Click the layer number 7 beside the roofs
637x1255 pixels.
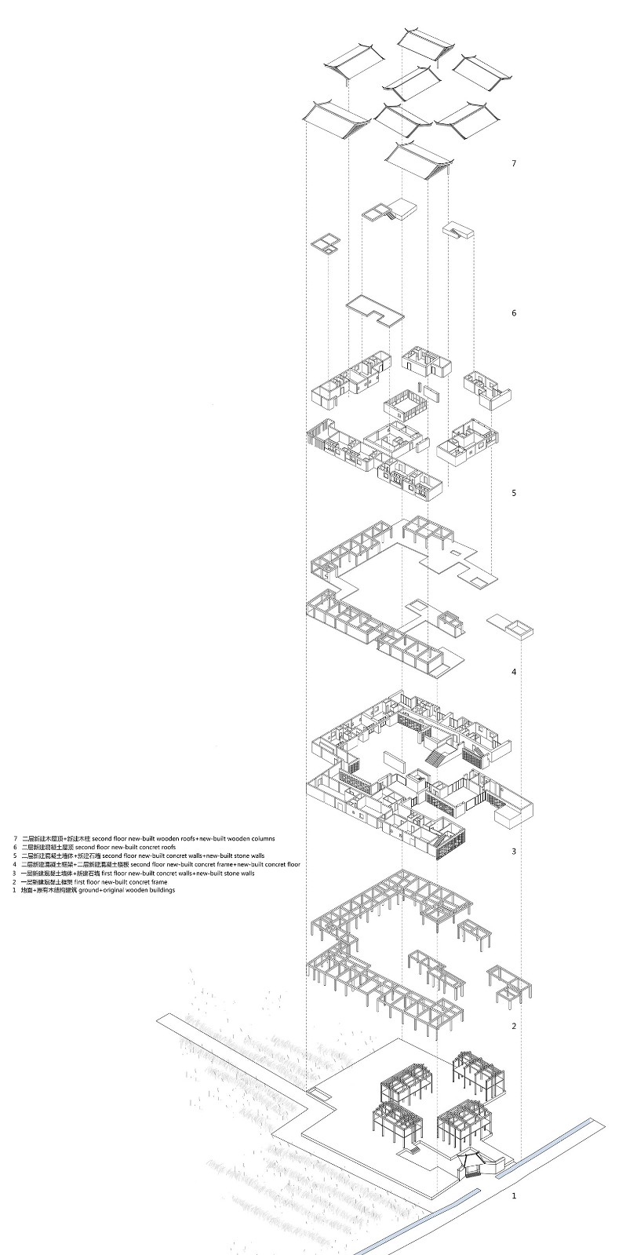(514, 163)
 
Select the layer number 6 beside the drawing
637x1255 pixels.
(514, 313)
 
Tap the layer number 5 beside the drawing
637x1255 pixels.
(514, 493)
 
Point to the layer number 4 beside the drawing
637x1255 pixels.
(514, 672)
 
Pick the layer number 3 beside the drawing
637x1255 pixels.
(514, 852)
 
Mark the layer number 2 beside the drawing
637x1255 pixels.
(514, 1026)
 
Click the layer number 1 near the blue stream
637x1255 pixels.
(514, 1196)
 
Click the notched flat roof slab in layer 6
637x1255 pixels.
(374, 311)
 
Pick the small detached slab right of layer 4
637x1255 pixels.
(511, 626)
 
